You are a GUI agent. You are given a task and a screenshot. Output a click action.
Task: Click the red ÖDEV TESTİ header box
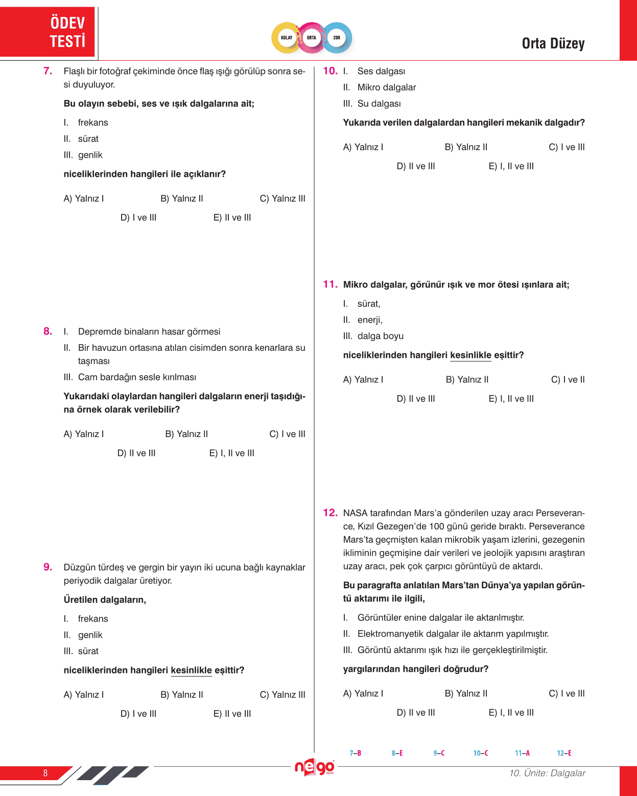[48, 32]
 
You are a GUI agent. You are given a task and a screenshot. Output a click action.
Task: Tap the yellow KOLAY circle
[287, 38]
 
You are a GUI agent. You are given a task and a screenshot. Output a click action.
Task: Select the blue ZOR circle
[337, 38]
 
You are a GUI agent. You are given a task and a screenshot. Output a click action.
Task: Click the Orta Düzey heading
[553, 44]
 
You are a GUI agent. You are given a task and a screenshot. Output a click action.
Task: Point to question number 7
[48, 71]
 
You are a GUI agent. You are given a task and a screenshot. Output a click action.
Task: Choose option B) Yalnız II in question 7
[182, 199]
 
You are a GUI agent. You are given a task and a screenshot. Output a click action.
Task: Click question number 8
[48, 331]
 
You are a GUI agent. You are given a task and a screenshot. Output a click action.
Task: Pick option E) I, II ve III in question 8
[232, 453]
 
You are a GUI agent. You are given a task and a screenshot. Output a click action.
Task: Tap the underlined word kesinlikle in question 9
[191, 670]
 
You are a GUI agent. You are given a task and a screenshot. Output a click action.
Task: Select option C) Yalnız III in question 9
[282, 695]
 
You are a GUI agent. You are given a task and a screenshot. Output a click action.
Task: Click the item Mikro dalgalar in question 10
[386, 87]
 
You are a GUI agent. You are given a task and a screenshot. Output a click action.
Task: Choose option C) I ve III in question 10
[567, 147]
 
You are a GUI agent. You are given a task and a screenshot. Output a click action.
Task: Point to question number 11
[330, 284]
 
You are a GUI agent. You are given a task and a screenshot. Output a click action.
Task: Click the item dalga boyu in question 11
[380, 336]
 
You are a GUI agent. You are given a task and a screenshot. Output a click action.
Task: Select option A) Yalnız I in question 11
[363, 380]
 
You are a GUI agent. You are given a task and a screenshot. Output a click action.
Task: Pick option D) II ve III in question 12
[416, 712]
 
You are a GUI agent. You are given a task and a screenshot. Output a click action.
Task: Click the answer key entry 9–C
[439, 753]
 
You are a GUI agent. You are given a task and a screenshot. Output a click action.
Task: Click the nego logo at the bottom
[315, 767]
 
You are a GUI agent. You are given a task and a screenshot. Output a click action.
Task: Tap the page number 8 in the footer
[45, 773]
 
